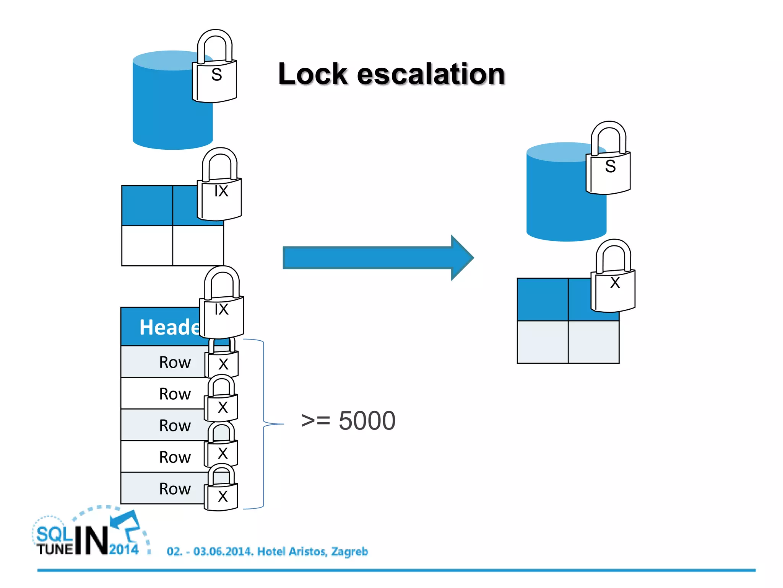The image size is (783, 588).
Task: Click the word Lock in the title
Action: click(x=312, y=74)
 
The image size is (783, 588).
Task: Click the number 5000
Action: click(x=367, y=421)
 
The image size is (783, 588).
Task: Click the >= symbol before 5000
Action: click(x=315, y=421)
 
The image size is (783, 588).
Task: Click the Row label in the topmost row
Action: click(x=175, y=362)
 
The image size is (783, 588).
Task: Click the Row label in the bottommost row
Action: click(x=175, y=489)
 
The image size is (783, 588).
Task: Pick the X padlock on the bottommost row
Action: click(x=222, y=494)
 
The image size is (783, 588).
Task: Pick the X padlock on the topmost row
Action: click(x=223, y=362)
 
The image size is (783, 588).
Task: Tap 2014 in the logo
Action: click(x=124, y=550)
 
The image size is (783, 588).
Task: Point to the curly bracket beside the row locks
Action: click(x=264, y=424)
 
